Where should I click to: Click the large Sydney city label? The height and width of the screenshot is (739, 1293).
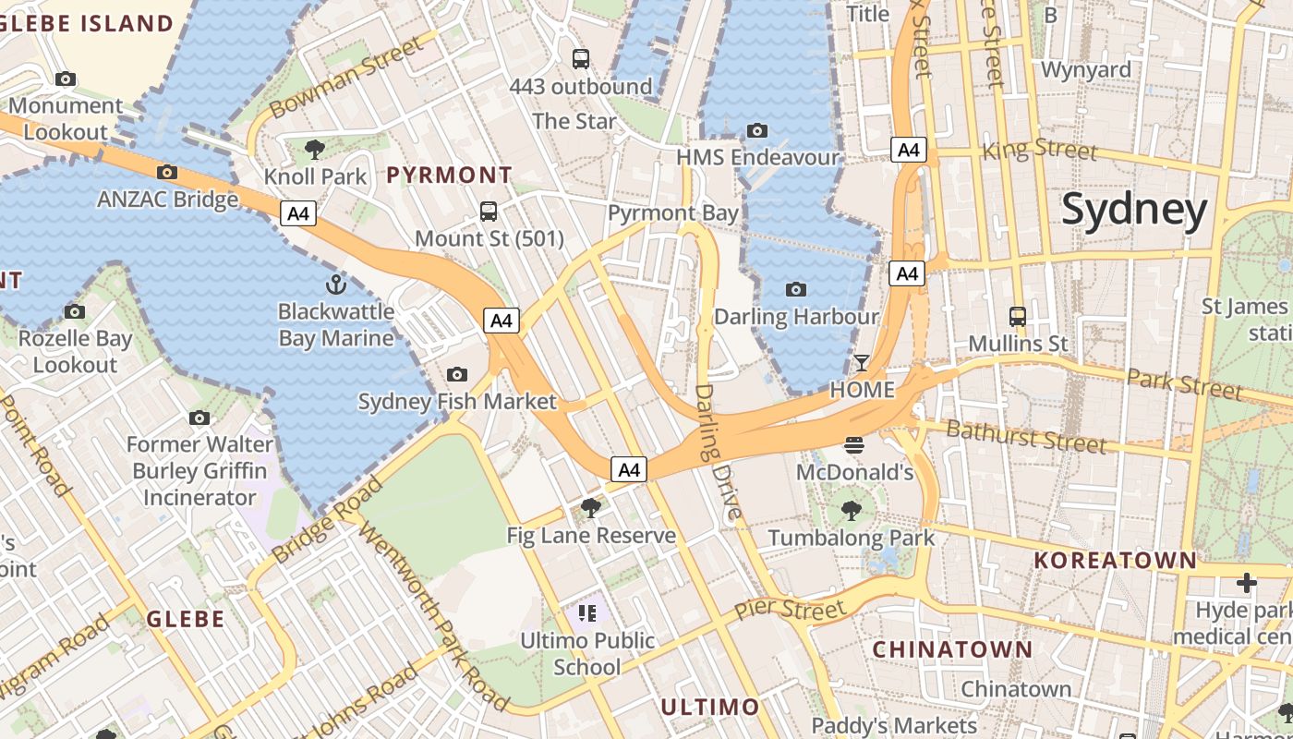1134,210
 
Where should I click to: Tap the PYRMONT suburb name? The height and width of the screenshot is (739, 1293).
449,175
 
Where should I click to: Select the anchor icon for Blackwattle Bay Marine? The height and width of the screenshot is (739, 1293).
335,285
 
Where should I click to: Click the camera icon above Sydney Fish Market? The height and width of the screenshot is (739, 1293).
456,374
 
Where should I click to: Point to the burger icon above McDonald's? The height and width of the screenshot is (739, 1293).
854,445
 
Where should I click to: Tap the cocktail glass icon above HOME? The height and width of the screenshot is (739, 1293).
862,362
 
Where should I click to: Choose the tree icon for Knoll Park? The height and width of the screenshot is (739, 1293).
315,149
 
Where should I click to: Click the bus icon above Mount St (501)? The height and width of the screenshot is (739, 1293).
489,212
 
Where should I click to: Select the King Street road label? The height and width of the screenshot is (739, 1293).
1040,149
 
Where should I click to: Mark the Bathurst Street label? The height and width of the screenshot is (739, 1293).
1025,436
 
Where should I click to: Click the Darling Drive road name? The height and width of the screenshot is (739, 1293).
718,453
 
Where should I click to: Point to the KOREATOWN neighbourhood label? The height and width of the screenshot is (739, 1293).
1115,560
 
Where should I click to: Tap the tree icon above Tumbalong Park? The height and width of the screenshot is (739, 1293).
851,510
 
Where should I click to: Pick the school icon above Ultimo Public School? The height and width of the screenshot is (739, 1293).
586,612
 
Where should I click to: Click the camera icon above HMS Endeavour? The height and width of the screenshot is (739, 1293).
757,130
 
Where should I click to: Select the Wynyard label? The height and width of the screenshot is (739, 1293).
1085,70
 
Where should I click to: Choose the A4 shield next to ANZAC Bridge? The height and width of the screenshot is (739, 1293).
297,214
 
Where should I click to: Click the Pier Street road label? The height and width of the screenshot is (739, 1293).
790,610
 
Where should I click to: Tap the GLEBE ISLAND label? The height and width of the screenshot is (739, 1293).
87,23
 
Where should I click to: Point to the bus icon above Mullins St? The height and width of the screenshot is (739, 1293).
1017,317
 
